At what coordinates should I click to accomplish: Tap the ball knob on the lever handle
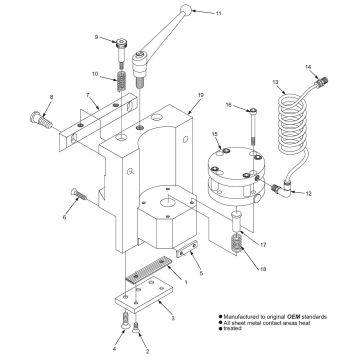pos(185,11)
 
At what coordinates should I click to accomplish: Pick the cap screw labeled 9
pos(122,45)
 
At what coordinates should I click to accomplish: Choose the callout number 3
pos(173,317)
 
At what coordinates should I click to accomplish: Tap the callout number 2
pos(149,351)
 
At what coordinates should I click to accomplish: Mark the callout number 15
pos(213,134)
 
